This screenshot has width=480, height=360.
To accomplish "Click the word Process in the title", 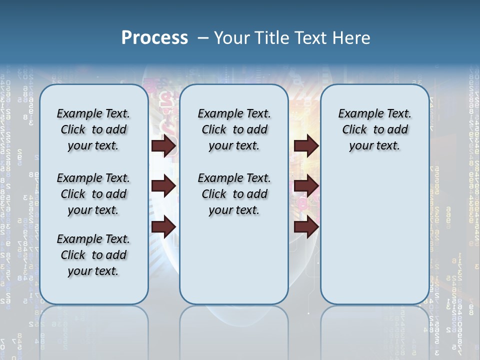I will [x=154, y=38].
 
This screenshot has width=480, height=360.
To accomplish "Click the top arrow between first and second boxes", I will [x=163, y=146].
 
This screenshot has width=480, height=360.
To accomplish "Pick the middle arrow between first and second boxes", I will [x=163, y=186].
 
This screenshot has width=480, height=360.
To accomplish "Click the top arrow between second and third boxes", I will [x=306, y=146].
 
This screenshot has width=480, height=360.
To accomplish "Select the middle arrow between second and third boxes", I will [x=306, y=186].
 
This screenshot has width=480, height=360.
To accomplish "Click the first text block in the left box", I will [x=93, y=129].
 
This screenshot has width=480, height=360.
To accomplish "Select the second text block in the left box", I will [x=93, y=194].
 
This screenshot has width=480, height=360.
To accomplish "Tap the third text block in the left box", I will [x=93, y=255].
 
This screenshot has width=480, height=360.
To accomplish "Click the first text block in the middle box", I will [x=234, y=129].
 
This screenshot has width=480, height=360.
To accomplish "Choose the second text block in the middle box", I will [x=234, y=194].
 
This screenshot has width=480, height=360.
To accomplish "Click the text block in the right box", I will [x=374, y=129].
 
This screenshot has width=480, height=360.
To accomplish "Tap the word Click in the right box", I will [x=354, y=130].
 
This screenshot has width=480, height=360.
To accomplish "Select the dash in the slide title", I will [x=203, y=38].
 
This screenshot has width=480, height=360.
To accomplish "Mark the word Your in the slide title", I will [x=232, y=38].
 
